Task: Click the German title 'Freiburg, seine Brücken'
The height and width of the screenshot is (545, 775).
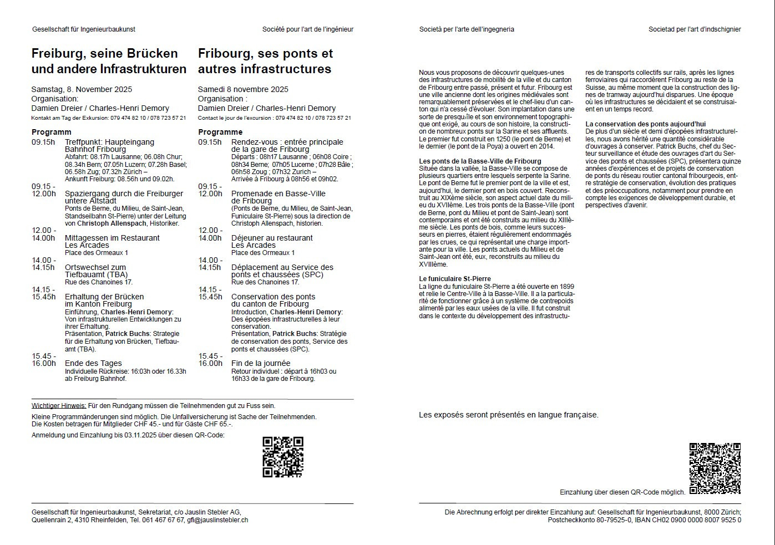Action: coord(104,54)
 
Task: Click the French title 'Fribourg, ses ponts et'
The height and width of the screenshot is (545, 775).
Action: coord(265,54)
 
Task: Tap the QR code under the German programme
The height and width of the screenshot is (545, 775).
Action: coord(283,457)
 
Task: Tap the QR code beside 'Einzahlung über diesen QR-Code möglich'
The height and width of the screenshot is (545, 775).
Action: coord(715,468)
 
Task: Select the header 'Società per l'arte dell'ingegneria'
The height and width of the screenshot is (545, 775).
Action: coord(467,29)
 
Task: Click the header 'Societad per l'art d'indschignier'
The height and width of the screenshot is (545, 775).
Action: coord(695,29)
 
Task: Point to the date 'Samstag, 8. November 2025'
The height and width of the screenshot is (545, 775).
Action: coord(82,89)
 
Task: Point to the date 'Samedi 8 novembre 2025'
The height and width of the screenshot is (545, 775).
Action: coord(243,89)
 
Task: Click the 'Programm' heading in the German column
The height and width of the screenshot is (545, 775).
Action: coord(51,132)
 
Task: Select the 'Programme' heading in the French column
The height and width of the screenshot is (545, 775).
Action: coord(220,132)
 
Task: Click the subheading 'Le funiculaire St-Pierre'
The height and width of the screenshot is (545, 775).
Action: coord(455,279)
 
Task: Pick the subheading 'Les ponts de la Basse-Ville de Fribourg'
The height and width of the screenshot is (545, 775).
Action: coord(480,161)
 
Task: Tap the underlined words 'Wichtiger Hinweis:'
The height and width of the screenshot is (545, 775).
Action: coord(59,406)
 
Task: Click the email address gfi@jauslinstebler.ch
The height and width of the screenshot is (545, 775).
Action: coord(217,520)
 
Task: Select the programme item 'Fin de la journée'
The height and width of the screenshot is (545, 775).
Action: coord(261,363)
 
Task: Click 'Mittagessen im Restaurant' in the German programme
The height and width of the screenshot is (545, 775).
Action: coord(112,238)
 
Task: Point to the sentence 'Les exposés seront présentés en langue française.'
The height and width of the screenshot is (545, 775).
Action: coord(509,415)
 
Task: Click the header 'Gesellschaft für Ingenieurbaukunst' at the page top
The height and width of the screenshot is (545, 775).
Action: coord(84,29)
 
